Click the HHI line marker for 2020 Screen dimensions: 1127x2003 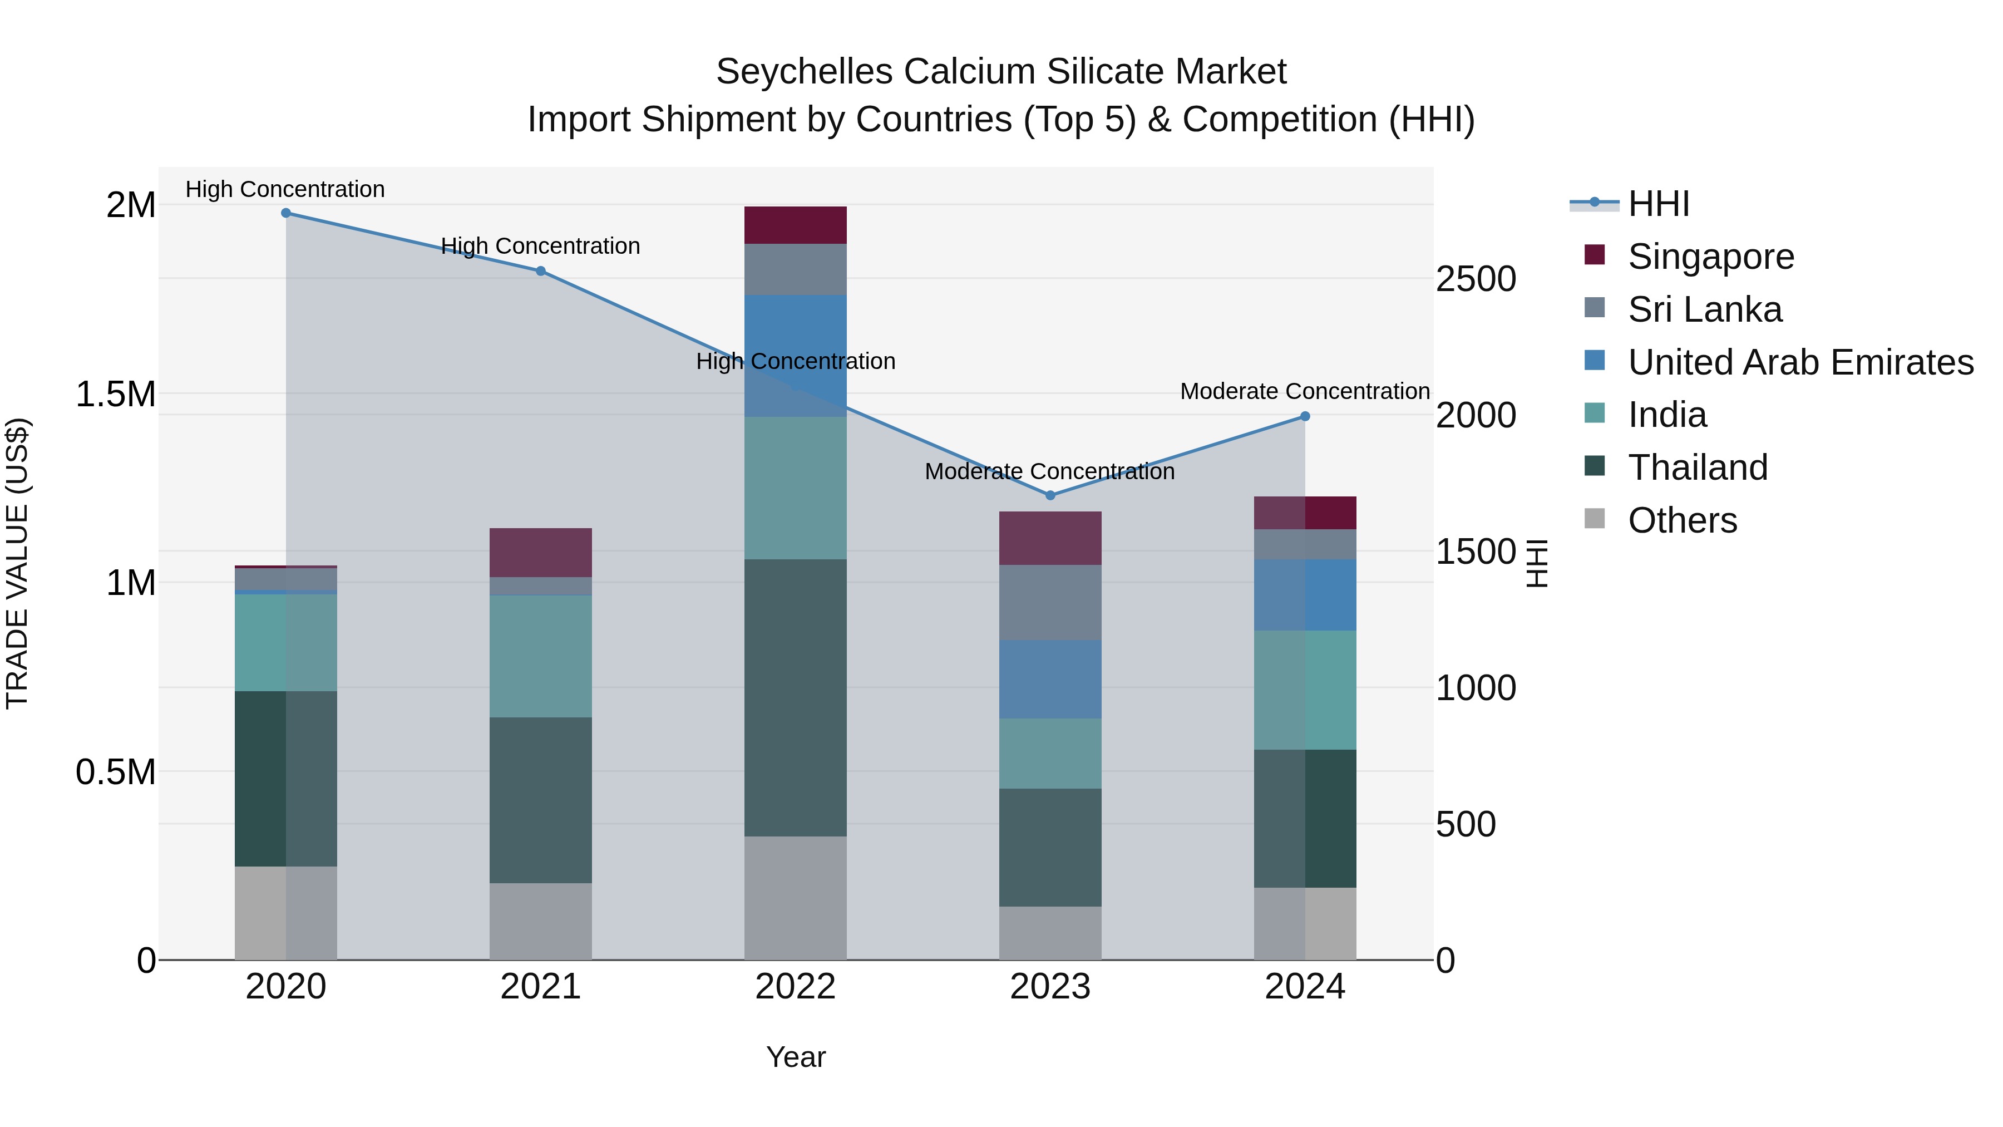(x=285, y=213)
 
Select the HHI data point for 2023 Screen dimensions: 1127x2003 (x=1050, y=495)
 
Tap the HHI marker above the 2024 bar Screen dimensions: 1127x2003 (x=1305, y=417)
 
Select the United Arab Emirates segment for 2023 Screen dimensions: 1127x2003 (x=1050, y=679)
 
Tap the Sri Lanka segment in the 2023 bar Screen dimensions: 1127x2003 (x=1050, y=603)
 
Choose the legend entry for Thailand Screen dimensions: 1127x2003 (x=1698, y=467)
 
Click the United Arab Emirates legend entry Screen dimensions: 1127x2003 (x=1800, y=362)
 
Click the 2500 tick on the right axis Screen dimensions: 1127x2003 (x=1475, y=279)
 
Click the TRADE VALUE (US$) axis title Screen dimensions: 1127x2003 (x=18, y=563)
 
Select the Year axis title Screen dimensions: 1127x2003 (x=796, y=1057)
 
